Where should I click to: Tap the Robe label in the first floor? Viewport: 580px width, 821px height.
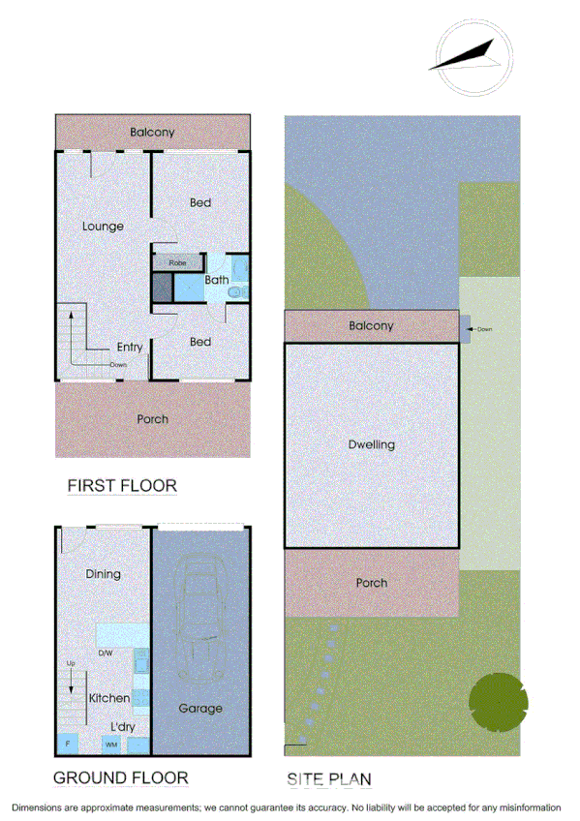coord(177,262)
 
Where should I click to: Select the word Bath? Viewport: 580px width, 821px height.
coord(217,281)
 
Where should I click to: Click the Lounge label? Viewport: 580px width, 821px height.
coord(103,227)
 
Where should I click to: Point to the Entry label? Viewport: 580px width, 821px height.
coord(130,348)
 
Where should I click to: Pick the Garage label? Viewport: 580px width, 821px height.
coord(200,708)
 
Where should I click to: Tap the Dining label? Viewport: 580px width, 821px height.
coord(103,574)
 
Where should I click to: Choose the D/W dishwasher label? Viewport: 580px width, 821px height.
coord(107,653)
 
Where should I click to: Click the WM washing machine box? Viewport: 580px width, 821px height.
coord(111,745)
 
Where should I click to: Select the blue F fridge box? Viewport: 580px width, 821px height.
coord(68,745)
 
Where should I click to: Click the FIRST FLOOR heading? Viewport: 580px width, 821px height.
coord(122,485)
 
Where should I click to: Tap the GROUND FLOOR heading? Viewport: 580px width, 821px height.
coord(120,777)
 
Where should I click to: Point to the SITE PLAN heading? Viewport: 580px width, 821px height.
coord(329,778)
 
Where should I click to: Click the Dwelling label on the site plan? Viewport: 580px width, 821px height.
coord(372,445)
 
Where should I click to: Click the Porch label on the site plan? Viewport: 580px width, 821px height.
coord(372,583)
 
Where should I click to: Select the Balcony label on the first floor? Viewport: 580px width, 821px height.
coord(153,132)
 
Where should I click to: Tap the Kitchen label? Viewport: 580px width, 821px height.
coord(109,698)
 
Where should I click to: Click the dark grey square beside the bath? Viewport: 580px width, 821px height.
coord(162,287)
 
